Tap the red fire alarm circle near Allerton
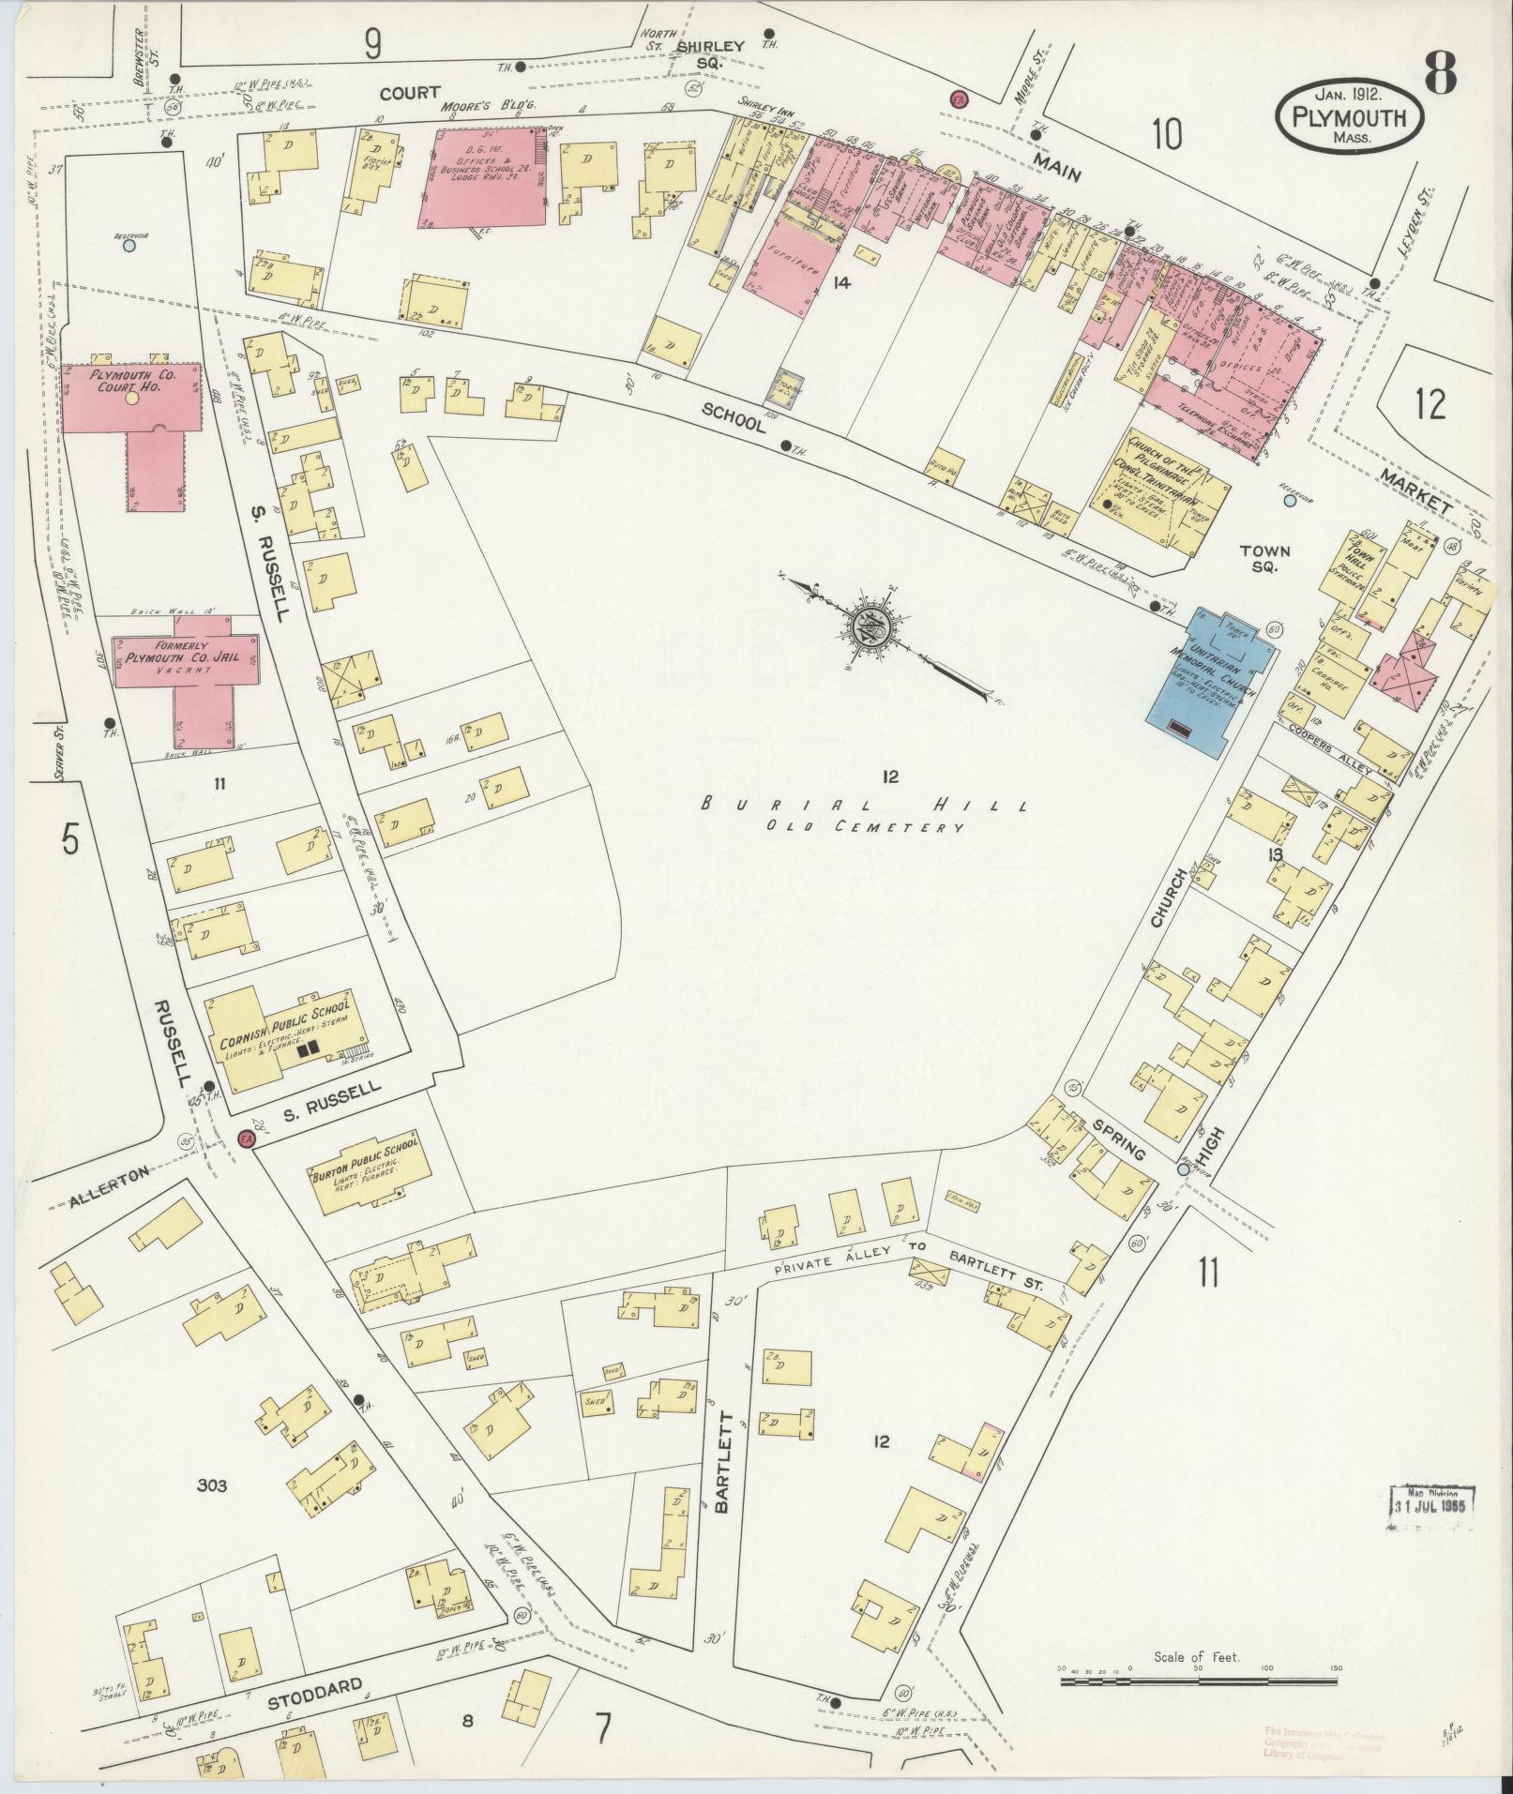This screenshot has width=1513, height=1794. [248, 1138]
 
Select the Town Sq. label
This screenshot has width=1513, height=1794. [1264, 560]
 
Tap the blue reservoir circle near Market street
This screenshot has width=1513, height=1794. [1290, 502]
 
